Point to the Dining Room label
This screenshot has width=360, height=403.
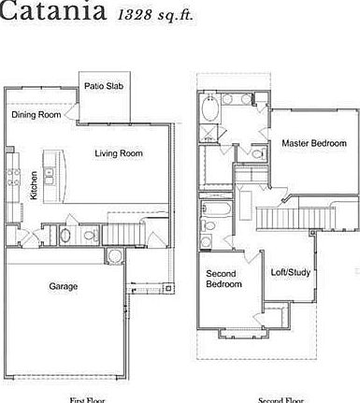(36, 115)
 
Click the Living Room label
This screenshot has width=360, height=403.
(119, 153)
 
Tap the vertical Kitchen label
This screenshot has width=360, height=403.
(34, 185)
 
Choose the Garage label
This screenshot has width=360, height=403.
(64, 286)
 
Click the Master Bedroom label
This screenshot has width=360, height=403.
(314, 143)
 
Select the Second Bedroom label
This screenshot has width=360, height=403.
(223, 278)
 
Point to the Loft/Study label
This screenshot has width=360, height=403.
(291, 272)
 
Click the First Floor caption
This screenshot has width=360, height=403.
(88, 399)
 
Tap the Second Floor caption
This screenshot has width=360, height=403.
(281, 399)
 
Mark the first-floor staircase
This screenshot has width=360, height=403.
(121, 231)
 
